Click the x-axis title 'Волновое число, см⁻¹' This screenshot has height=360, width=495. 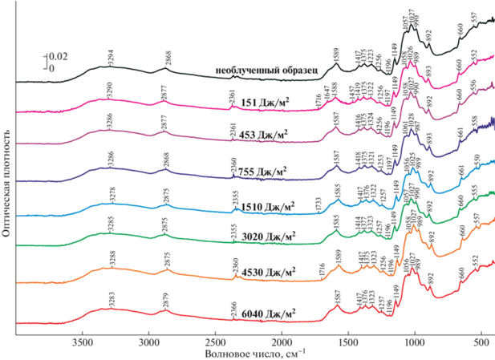click(x=249, y=354)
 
